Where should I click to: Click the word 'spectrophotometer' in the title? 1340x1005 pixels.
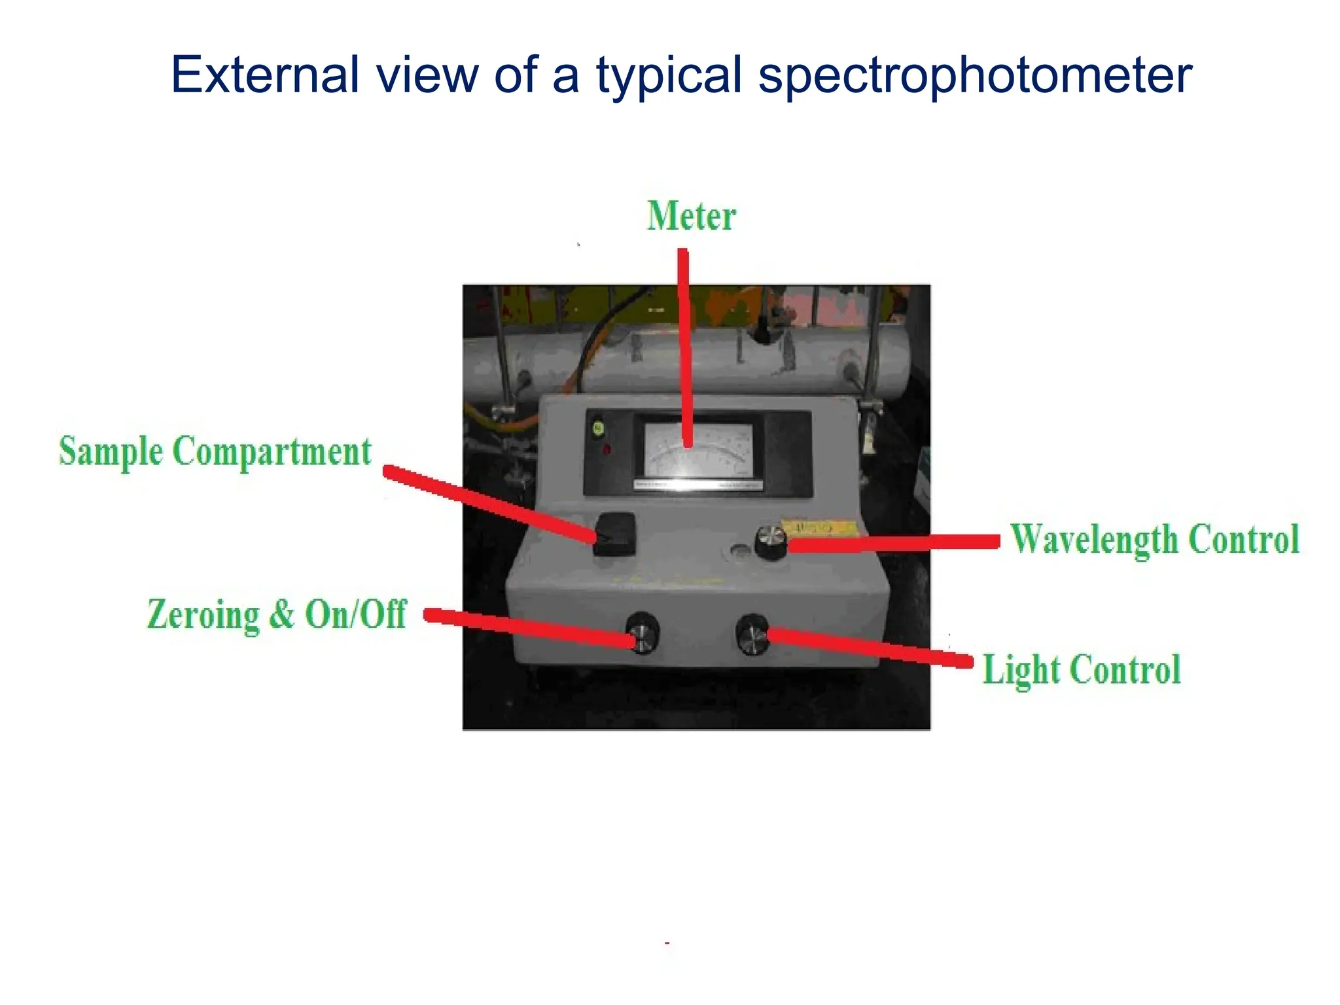(x=975, y=76)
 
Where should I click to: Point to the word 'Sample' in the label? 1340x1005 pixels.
(x=111, y=451)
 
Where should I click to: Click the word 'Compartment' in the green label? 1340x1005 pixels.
(x=272, y=451)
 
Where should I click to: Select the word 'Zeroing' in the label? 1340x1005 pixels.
(x=203, y=615)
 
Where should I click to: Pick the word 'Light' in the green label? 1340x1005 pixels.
(x=1021, y=670)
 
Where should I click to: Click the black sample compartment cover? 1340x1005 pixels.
(x=615, y=534)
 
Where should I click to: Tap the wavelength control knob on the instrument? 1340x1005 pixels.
(x=771, y=542)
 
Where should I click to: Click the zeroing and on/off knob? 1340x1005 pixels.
(x=643, y=633)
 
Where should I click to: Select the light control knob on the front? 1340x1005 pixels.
(x=752, y=635)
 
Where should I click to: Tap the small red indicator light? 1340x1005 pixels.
(x=607, y=450)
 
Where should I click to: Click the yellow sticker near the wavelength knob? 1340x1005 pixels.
(x=820, y=527)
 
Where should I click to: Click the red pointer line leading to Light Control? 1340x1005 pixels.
(x=870, y=646)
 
